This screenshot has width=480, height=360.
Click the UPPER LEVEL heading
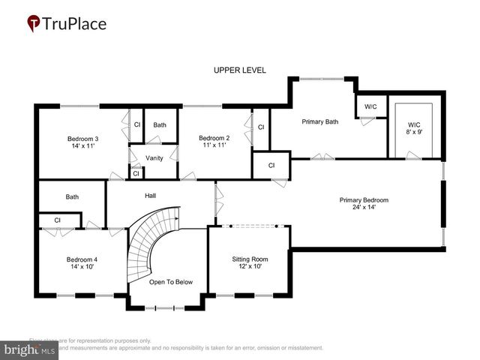point(240,70)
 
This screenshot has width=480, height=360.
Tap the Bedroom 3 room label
point(83,139)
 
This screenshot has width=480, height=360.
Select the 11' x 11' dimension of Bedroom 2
point(214,145)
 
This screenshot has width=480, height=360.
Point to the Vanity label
point(154,157)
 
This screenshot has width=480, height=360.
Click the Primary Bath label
point(320,121)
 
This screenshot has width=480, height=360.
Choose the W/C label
point(370,107)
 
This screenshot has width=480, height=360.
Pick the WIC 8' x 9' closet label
point(414,128)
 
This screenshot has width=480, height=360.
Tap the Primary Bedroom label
point(364,200)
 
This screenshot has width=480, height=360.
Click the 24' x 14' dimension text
point(364,208)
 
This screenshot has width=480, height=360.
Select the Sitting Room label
point(250,259)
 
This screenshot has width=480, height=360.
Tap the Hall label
point(150,196)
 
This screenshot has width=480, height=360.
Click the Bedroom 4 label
point(82,259)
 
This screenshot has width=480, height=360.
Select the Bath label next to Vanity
point(160,124)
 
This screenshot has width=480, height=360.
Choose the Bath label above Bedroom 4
point(72,197)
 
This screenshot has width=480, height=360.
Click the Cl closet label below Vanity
point(135,173)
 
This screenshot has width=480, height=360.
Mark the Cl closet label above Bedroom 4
point(57,220)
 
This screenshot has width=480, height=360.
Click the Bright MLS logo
point(29,349)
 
